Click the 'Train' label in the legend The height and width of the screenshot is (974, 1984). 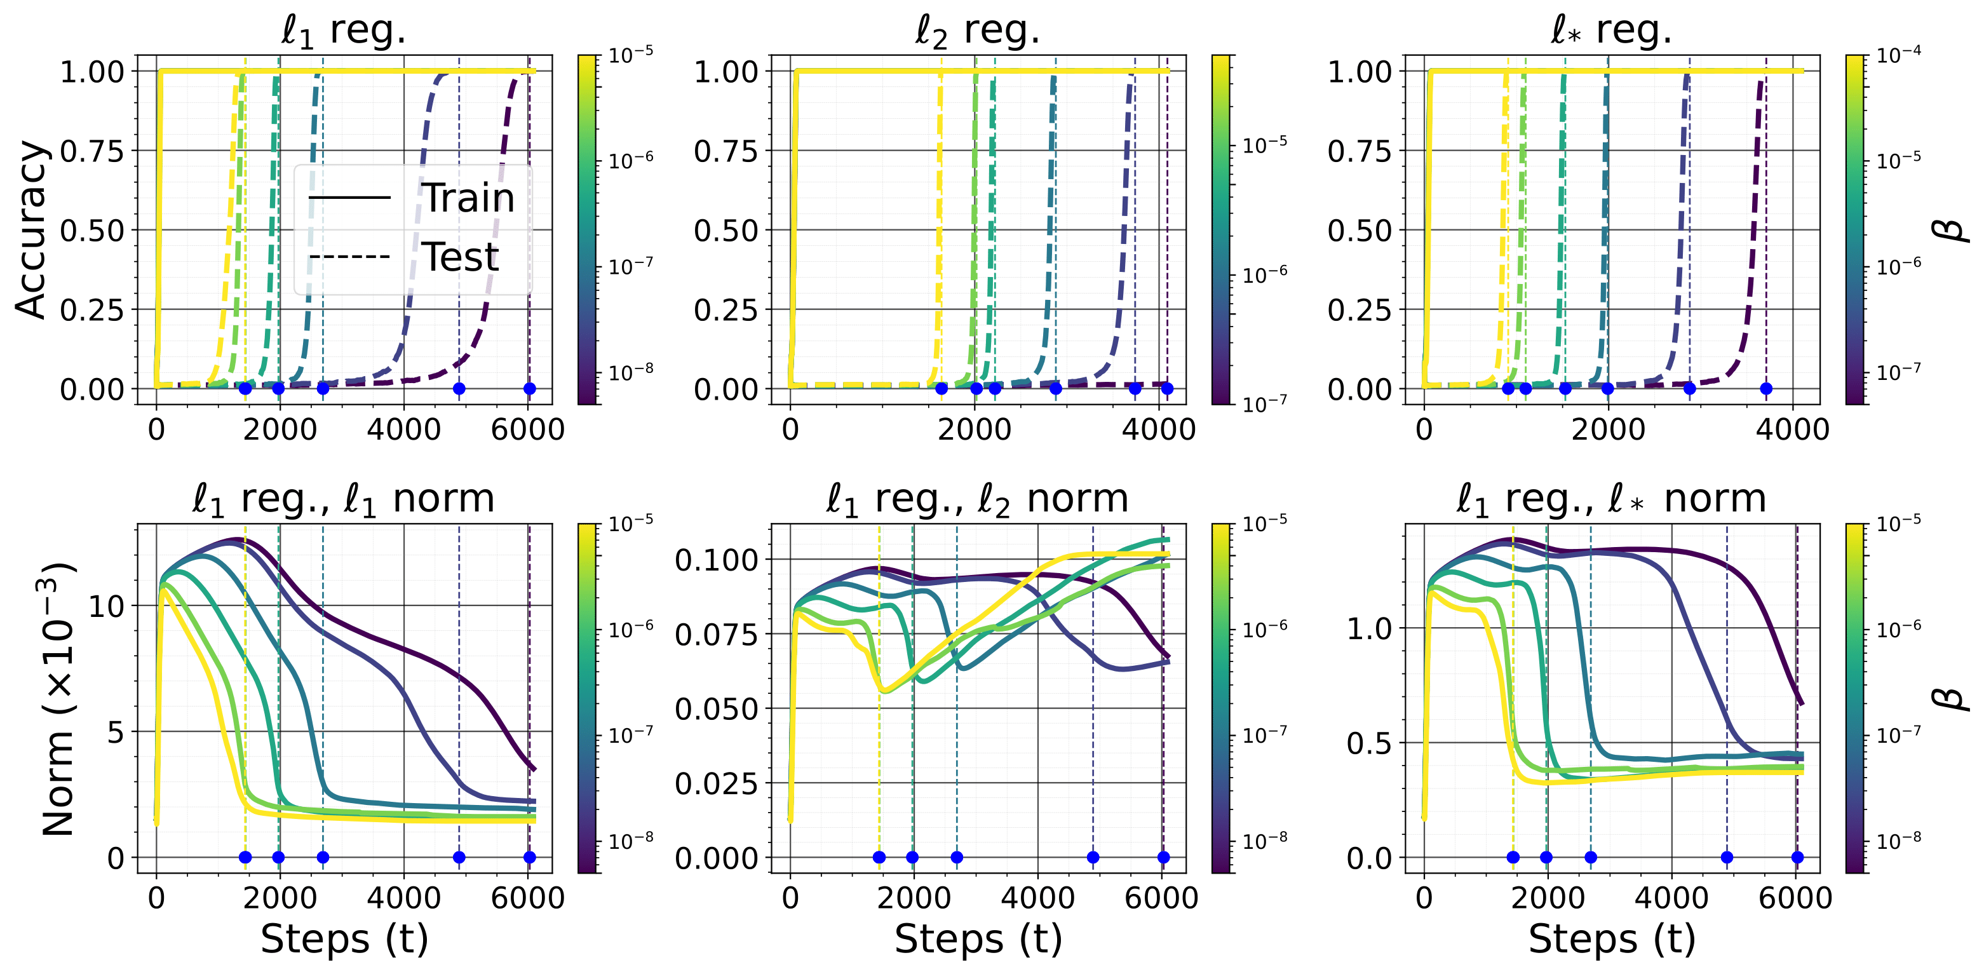pyautogui.click(x=468, y=198)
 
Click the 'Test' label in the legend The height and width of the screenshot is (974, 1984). pyautogui.click(x=461, y=257)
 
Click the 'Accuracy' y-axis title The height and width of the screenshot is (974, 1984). pyautogui.click(x=32, y=229)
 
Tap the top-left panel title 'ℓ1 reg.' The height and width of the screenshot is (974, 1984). pyautogui.click(x=344, y=31)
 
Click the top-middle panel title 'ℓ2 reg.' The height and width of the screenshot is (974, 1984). pyautogui.click(x=977, y=31)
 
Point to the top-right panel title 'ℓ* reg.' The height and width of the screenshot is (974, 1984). pyautogui.click(x=1611, y=31)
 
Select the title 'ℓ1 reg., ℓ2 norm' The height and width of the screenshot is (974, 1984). pyautogui.click(x=977, y=499)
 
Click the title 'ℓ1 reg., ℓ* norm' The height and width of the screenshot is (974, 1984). pyautogui.click(x=1611, y=499)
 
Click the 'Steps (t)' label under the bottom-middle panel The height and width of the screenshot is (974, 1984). pyautogui.click(x=978, y=939)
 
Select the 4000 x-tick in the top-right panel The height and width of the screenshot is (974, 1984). pyautogui.click(x=1792, y=430)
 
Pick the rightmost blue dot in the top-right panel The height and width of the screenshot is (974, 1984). pyautogui.click(x=1766, y=388)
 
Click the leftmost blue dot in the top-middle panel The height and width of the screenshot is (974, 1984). pyautogui.click(x=941, y=388)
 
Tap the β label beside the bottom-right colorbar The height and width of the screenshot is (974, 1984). pyautogui.click(x=1951, y=698)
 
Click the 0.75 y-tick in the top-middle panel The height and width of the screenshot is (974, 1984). pyautogui.click(x=726, y=152)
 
